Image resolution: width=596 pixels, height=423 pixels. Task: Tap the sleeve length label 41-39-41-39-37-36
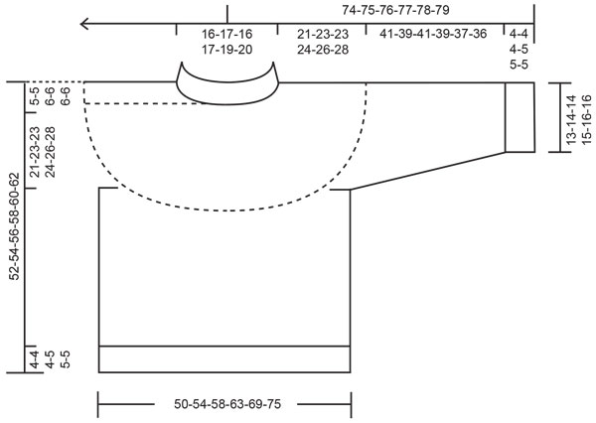(x=446, y=34)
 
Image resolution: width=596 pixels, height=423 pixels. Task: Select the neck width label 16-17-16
(x=226, y=34)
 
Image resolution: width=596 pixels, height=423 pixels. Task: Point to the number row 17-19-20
(x=226, y=48)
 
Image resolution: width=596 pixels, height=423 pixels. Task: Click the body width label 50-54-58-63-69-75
(x=224, y=404)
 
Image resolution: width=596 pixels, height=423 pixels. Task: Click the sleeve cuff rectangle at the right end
(x=519, y=116)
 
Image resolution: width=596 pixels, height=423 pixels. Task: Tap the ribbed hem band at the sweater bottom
(x=224, y=358)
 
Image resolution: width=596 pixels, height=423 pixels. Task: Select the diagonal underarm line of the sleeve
(x=427, y=170)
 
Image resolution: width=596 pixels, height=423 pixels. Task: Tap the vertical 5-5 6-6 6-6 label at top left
(x=50, y=95)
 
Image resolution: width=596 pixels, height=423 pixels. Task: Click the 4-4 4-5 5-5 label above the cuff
(x=518, y=47)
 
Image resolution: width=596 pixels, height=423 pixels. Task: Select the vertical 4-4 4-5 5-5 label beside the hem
(x=50, y=357)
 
